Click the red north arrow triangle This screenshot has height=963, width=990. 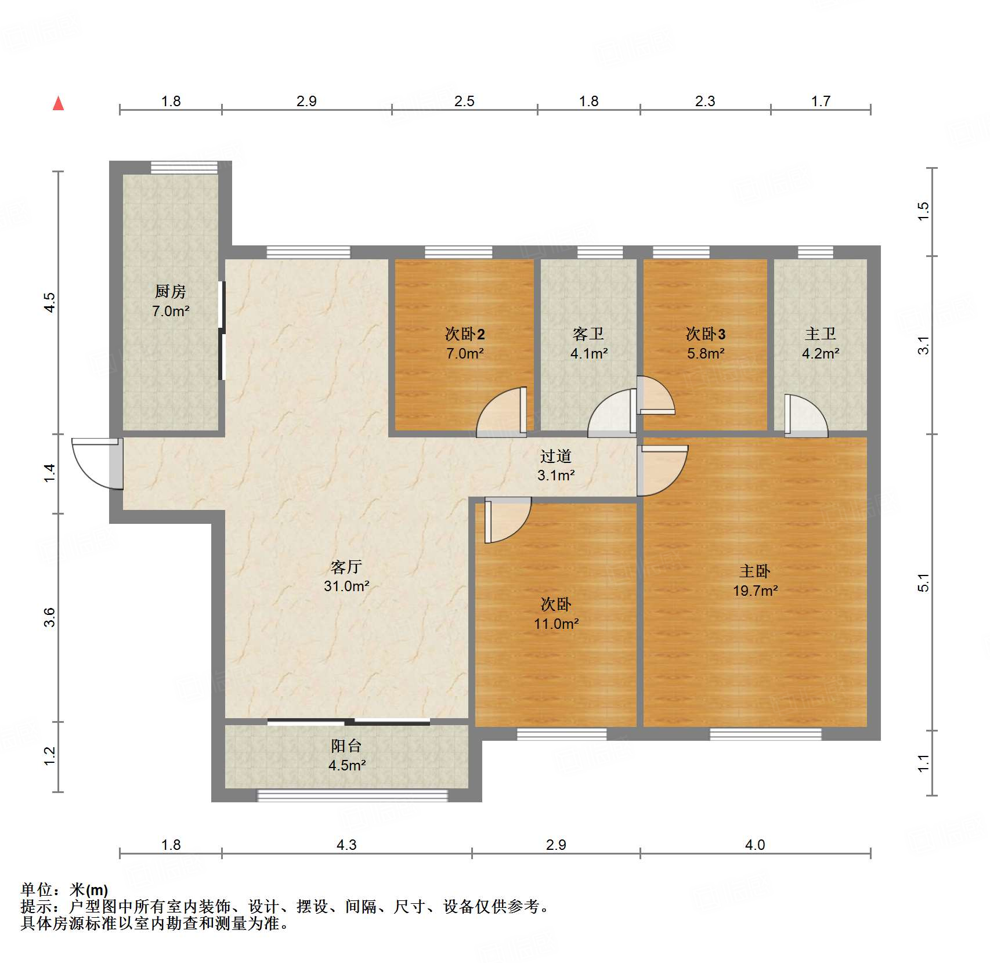point(58,104)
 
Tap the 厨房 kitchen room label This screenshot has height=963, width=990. point(171,291)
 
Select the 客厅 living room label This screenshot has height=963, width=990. point(346,566)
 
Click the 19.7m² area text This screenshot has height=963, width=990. point(755,591)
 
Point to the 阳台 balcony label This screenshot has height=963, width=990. point(346,745)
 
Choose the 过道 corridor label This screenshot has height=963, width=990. point(556,456)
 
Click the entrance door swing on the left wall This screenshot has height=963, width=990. point(97,464)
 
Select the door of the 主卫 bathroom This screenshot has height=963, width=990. point(806,415)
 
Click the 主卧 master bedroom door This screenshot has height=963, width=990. point(662,470)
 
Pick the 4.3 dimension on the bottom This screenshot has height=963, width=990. point(346,845)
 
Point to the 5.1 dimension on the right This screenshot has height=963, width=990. point(923,582)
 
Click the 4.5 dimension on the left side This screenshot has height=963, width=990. point(50,302)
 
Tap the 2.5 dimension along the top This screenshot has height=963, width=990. point(464,101)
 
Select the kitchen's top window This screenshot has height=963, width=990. point(184,168)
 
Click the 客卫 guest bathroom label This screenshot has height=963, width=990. point(588,334)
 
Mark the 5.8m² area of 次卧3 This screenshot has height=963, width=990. point(706,353)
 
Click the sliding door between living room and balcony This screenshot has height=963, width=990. point(349,722)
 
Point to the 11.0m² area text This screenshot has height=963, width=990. point(557,624)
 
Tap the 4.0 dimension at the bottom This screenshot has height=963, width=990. point(755,845)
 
